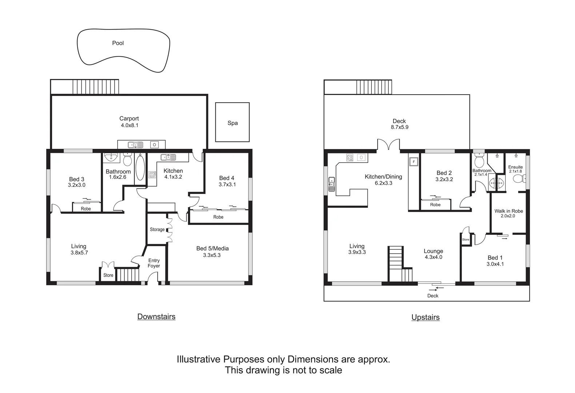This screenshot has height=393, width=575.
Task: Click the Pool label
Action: (x=118, y=43)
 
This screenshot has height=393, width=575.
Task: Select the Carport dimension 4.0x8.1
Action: (x=129, y=125)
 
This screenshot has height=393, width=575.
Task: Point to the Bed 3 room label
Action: (x=77, y=179)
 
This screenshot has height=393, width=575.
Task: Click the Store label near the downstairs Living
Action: (x=108, y=275)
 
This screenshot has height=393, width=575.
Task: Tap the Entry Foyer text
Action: (x=154, y=263)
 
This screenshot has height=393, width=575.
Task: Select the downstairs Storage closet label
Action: (x=157, y=230)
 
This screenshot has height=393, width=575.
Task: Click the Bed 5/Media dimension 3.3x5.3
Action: (x=212, y=255)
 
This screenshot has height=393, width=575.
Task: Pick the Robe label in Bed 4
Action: (x=218, y=217)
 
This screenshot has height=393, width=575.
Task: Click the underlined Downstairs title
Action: (x=156, y=317)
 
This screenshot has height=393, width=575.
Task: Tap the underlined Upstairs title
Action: (x=426, y=317)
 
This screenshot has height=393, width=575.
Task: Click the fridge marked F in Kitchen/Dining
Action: (x=414, y=162)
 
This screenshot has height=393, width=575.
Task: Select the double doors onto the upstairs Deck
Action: (x=389, y=145)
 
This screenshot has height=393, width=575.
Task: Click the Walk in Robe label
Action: (x=508, y=211)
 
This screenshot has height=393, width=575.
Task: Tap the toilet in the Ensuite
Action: (x=518, y=179)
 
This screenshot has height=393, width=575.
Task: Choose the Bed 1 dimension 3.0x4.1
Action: (x=495, y=264)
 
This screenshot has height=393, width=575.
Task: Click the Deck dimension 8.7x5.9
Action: (x=399, y=127)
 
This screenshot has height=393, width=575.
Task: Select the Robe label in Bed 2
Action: (x=435, y=205)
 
